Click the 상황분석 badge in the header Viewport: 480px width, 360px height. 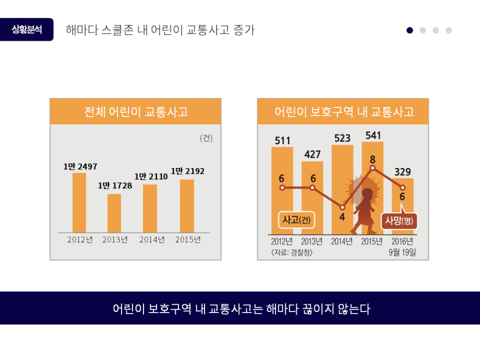[27, 30]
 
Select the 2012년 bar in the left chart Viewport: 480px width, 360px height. [79, 202]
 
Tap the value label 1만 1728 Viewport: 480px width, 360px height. [115, 186]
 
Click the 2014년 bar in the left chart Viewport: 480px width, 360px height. [150, 208]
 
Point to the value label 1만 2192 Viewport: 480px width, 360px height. [188, 171]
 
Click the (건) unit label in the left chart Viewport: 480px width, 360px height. [206, 138]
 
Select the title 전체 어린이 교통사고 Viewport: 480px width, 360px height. [136, 112]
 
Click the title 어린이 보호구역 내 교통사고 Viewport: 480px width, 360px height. [343, 112]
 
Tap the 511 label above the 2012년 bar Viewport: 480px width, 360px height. [282, 140]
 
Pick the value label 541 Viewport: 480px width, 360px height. [373, 135]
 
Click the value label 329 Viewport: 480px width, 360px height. [402, 172]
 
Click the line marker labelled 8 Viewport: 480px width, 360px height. [373, 168]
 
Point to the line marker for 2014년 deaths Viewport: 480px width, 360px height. [342, 207]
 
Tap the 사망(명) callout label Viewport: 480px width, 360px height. [399, 221]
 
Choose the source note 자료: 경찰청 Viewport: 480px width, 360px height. [292, 253]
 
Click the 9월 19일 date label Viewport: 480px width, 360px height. [402, 253]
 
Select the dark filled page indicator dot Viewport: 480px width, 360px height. [410, 30]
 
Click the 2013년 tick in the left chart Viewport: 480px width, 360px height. [115, 240]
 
